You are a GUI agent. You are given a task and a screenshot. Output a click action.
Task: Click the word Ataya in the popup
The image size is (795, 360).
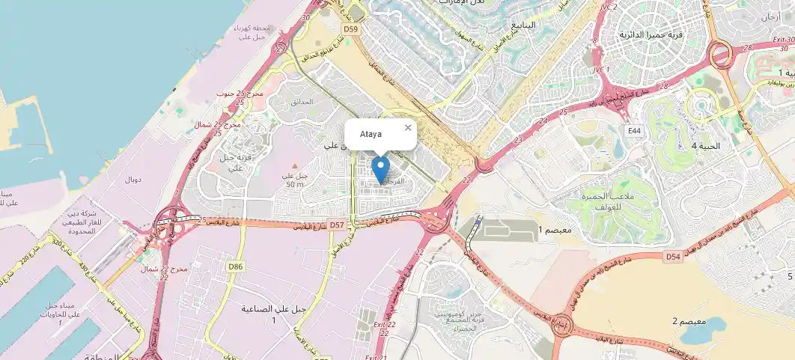pyautogui.click(x=371, y=134)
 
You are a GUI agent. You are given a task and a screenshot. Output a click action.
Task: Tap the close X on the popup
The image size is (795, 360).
pyautogui.click(x=408, y=127)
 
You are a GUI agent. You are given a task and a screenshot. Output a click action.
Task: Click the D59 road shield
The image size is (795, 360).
pyautogui.click(x=351, y=28)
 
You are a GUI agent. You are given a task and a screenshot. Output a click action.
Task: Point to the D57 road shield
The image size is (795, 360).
pyautogui.click(x=338, y=225)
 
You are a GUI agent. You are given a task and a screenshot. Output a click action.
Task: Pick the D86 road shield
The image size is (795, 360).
pyautogui.click(x=236, y=266)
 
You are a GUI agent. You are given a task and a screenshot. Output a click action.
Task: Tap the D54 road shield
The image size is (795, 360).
pyautogui.click(x=673, y=257)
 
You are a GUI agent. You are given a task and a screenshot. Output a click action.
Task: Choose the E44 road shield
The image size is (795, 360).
pyautogui.click(x=635, y=131)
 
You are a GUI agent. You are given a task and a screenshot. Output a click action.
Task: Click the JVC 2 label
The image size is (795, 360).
pyautogui.click(x=609, y=7)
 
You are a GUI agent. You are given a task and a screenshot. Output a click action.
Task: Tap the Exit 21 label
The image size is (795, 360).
pyautogui.click(x=371, y=357)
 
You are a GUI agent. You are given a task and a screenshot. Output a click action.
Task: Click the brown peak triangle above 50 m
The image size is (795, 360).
pyautogui.click(x=295, y=166)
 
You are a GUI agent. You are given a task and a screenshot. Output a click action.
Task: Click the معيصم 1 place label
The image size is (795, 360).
pyautogui.click(x=555, y=231)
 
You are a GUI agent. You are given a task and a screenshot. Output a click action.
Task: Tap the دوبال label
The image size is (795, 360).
pyautogui.click(x=132, y=180)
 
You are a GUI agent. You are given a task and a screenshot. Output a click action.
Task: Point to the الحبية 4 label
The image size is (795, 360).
pyautogui.click(x=704, y=146)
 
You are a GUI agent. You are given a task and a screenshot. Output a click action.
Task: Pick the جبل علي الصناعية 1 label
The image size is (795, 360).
pyautogui.click(x=274, y=314)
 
